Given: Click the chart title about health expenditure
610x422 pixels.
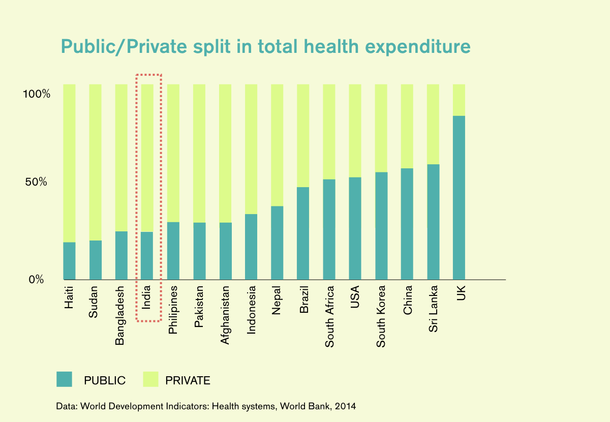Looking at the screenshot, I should coord(265,47).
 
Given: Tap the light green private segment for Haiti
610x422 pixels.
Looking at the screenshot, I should coord(70,163).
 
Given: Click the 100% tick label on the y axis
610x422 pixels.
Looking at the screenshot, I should coord(36,95).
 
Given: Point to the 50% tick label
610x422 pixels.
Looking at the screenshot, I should coord(36,182).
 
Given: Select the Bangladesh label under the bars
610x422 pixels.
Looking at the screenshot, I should coord(120,316).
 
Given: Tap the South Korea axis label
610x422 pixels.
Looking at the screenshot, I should coord(381,317).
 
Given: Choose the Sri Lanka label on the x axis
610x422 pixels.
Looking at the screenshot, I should coord(433,310).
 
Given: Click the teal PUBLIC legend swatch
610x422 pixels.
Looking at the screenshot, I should coord(64,379).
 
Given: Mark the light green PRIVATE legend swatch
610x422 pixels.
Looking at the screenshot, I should coord(151,379).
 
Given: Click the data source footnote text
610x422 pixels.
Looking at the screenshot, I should coord(206,406).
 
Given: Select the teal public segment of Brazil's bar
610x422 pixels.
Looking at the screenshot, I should coord(303,233).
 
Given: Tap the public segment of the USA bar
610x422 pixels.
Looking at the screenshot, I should coord(355,228).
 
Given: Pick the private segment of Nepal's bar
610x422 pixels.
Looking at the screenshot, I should coord(277,145).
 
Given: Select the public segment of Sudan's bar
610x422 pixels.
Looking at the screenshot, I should coord(96,260).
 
